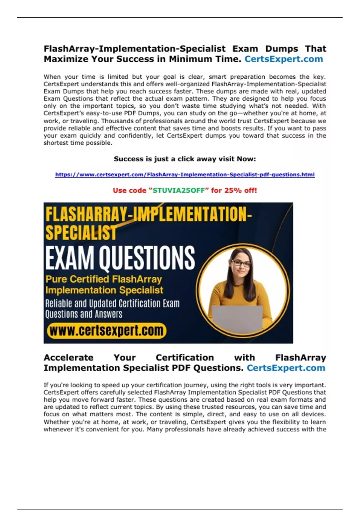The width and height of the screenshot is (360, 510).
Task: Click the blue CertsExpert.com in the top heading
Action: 283,59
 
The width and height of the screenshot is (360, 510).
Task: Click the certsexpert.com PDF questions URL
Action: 185,175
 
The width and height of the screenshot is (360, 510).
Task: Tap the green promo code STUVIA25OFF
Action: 179,190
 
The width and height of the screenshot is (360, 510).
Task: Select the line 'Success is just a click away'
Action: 185,159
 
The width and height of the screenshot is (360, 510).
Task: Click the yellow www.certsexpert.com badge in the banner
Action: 106,331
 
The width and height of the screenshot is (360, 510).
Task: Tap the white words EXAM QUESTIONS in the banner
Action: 120,258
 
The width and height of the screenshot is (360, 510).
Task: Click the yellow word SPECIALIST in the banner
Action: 81,233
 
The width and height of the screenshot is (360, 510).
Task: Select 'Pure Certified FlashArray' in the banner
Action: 104,279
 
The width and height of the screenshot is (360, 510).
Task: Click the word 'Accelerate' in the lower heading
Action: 69,358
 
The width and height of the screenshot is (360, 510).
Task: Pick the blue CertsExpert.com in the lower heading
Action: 286,368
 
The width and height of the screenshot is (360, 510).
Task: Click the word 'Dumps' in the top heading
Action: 281,49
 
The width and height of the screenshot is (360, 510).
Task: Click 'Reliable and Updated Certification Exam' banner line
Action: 112,304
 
